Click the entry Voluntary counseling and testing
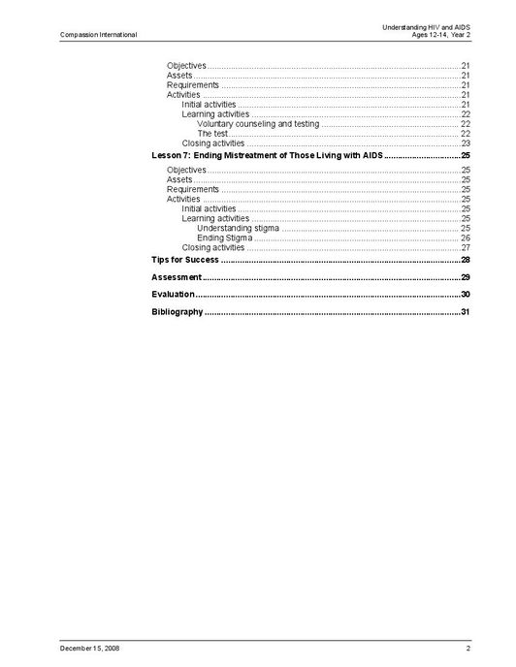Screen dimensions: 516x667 tap(258, 124)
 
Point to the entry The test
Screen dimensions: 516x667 tap(212, 134)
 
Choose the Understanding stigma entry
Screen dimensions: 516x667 tap(238, 228)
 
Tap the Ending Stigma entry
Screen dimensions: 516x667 tap(224, 238)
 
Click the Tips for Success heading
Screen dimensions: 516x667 tap(185, 260)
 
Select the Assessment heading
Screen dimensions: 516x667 tap(177, 277)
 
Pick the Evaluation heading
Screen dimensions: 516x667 tap(173, 294)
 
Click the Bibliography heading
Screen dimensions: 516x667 tap(177, 311)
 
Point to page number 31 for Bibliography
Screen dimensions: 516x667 tap(466, 311)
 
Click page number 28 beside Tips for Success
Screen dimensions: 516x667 tap(466, 260)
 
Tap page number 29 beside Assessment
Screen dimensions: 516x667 tap(466, 277)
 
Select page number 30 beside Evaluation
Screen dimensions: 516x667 tap(466, 294)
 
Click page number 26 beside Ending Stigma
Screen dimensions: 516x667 tap(466, 238)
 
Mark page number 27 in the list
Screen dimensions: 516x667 tap(466, 247)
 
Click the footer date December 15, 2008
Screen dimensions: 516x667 tap(89, 647)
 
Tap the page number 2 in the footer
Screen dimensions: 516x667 tap(468, 647)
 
